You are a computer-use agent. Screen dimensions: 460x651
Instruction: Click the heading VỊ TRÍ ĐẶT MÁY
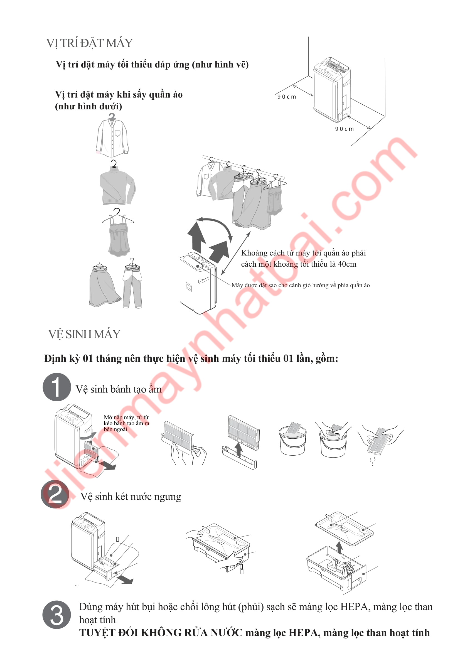90,43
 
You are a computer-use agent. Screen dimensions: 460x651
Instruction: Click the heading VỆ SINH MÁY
85,334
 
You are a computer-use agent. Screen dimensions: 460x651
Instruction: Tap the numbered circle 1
57,387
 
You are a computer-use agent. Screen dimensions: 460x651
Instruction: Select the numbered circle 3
57,615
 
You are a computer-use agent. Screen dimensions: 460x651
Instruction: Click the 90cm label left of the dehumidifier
287,97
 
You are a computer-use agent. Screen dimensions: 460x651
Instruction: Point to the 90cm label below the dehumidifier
344,129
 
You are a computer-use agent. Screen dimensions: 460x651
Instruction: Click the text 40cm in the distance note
347,264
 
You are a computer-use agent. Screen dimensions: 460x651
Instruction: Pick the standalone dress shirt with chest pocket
112,135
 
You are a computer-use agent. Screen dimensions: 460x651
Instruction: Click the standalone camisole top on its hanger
118,232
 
